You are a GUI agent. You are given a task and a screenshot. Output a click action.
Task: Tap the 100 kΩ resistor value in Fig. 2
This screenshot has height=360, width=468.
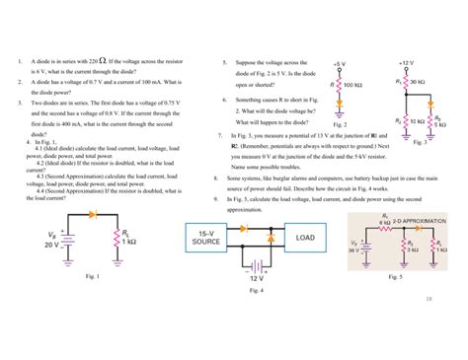click(352, 86)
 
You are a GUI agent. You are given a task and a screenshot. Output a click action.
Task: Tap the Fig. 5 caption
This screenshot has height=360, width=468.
click(396, 277)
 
